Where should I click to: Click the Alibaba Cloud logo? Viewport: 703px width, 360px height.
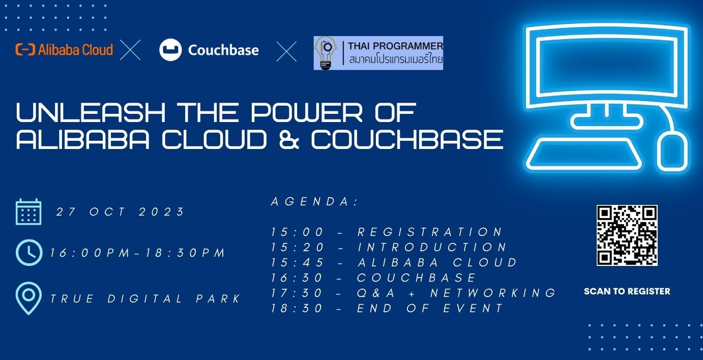point(64,50)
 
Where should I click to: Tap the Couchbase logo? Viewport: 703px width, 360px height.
point(209,50)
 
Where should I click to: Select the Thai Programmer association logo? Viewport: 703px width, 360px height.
point(378,53)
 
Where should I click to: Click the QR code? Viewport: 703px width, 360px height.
point(627,235)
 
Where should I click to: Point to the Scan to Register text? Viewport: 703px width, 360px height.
point(627,291)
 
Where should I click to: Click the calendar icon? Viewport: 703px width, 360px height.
point(28,212)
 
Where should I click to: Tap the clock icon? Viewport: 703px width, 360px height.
point(28,253)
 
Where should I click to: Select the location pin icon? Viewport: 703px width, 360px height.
point(28,298)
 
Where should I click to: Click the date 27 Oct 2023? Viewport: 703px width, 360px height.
point(121,212)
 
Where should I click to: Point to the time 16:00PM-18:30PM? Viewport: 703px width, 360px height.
point(137,253)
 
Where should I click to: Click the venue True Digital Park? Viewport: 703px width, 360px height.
point(145,299)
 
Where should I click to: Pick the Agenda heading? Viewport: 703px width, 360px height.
point(315,202)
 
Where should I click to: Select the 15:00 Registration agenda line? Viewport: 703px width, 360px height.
point(387,232)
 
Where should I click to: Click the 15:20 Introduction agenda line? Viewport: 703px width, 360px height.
point(389,248)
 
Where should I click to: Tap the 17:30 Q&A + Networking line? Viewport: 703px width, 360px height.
point(414,293)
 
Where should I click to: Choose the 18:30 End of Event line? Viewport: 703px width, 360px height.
point(387,308)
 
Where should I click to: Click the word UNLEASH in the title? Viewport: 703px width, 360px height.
point(91,113)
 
